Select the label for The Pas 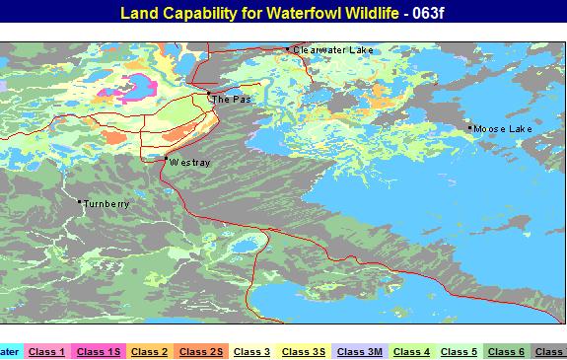[x=229, y=99]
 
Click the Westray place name [x=189, y=162]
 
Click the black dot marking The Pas [x=209, y=94]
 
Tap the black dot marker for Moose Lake [x=469, y=127]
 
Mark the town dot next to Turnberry [x=80, y=202]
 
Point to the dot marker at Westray [x=166, y=159]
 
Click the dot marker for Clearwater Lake [x=288, y=48]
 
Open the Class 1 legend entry [x=46, y=351]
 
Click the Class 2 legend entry [x=149, y=351]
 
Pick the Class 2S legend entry [x=200, y=351]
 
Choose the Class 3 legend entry [x=251, y=351]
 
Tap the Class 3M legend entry [x=360, y=351]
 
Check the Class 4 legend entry [x=411, y=351]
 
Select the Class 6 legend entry [x=506, y=351]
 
